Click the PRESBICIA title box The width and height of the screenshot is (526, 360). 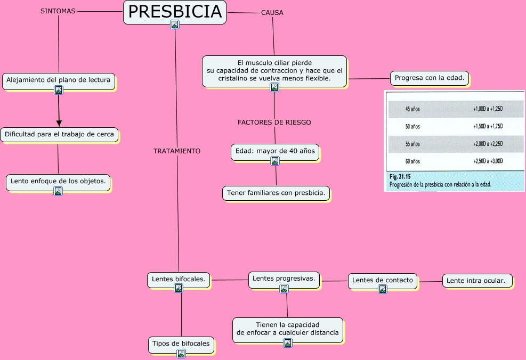175,12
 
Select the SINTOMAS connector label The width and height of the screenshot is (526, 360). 58,11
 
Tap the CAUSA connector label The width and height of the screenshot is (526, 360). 272,13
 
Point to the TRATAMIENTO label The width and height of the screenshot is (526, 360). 177,151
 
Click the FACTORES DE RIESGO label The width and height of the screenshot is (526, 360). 274,122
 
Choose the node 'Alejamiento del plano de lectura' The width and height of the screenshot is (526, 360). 59,80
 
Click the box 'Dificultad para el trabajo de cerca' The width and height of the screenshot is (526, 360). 59,135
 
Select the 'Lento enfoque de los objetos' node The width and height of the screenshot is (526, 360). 59,181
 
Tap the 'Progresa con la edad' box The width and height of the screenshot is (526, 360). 430,78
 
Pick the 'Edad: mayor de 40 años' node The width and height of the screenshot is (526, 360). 275,151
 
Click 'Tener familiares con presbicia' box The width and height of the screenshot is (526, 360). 276,193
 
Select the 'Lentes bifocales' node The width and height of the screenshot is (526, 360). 179,279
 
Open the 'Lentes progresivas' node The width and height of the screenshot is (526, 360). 284,279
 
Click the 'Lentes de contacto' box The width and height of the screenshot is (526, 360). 383,280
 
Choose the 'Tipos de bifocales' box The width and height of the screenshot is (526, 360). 181,343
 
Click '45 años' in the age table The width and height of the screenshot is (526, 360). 412,109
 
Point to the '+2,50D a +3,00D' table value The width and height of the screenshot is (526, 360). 488,161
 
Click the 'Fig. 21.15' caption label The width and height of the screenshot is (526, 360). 400,176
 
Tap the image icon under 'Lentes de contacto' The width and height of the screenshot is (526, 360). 383,289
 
